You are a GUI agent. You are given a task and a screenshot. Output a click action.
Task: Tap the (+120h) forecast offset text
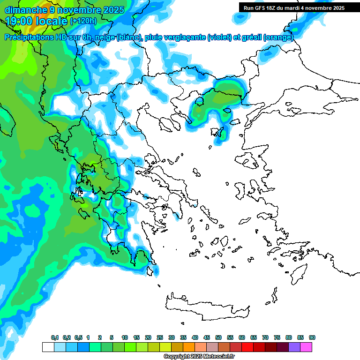[x=83, y=21]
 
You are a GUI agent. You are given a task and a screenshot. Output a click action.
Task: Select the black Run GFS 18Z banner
[x=292, y=7]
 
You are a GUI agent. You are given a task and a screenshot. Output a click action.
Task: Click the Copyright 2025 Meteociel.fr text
[x=200, y=357]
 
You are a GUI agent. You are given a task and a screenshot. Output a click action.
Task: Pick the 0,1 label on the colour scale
[x=55, y=337]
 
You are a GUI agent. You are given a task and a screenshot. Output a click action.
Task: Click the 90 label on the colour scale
[x=312, y=337]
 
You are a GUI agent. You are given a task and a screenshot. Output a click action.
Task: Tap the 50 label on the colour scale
[x=218, y=337]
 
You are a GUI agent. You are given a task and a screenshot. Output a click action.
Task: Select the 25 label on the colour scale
[x=160, y=337]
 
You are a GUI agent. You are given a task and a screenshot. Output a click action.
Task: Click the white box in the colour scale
[x=48, y=347]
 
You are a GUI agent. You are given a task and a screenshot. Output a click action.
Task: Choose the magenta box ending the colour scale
[x=306, y=347]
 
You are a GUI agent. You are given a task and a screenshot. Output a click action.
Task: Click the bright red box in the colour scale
[x=247, y=347]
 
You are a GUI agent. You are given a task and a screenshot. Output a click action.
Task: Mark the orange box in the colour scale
[x=189, y=347]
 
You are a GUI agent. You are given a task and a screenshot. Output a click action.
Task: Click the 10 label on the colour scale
[x=125, y=337]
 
